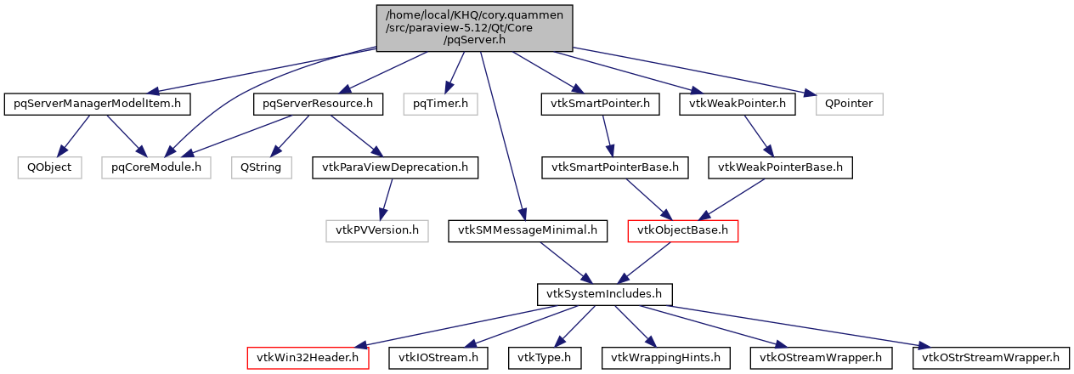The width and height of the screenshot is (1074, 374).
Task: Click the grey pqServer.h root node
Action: pos(474,26)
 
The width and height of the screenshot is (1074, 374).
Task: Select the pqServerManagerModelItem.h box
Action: pos(97,105)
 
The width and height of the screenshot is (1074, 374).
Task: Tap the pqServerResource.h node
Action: pos(318,105)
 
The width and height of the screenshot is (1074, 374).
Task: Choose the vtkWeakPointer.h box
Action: pos(738,105)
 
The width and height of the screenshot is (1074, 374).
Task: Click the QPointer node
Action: pos(850,105)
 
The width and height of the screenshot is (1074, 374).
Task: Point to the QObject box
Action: pos(50,167)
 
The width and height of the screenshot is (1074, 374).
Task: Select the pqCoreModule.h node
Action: pos(155,167)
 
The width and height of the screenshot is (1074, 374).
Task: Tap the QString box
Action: pos(262,167)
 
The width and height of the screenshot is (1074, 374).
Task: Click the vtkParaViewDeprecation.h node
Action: pos(395,167)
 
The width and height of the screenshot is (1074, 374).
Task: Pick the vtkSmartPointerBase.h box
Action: pos(616,167)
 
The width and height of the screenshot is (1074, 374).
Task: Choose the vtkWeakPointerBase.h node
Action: pos(780,167)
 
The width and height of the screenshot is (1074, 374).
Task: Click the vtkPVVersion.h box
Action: pos(377,230)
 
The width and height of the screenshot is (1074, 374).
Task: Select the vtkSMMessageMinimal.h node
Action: pos(529,230)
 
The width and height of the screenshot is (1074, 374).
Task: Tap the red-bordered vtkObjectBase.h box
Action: pos(682,230)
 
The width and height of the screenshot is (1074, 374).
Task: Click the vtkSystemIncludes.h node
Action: pos(605,294)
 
